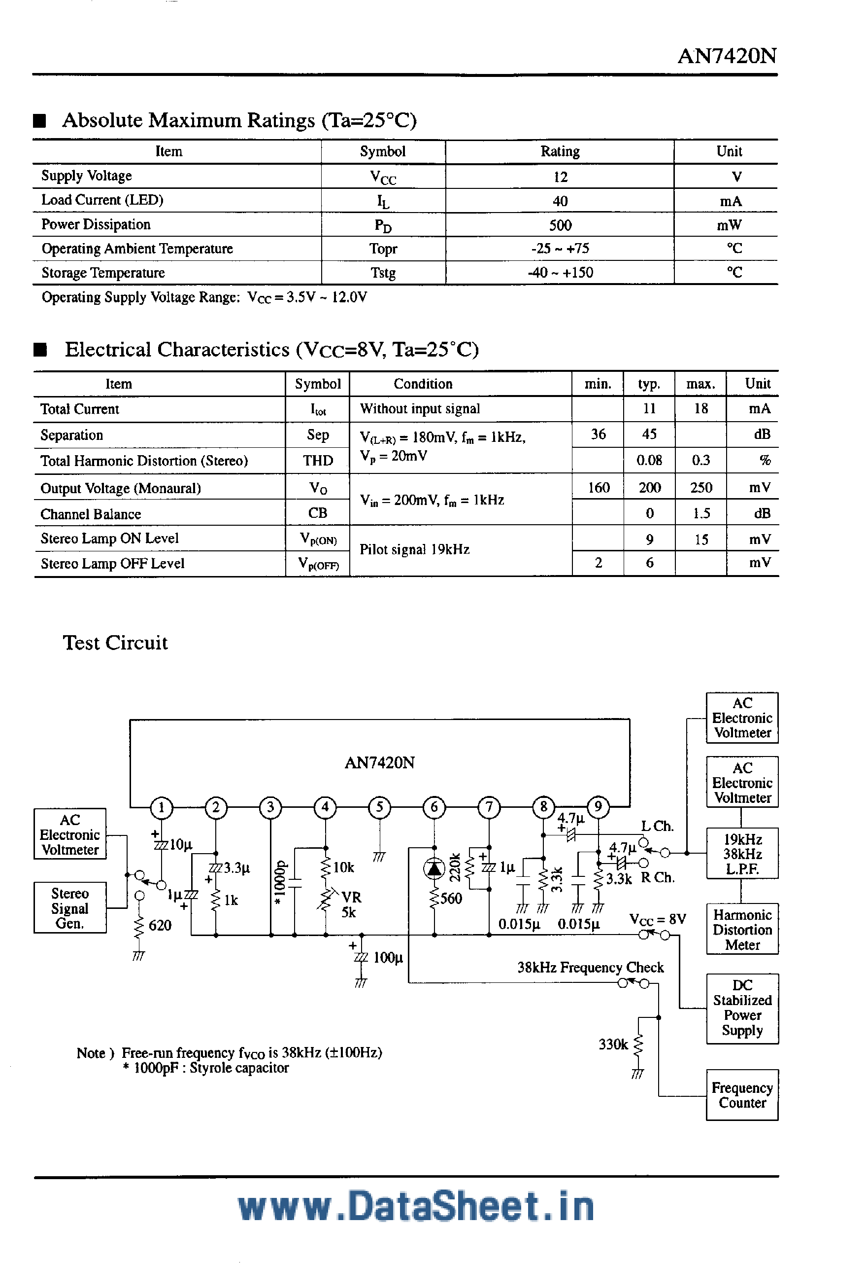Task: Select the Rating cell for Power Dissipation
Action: coord(560,225)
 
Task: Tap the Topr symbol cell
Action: coord(383,249)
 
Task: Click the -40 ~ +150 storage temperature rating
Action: coord(560,272)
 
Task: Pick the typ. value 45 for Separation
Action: coord(649,434)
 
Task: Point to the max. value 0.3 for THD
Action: coord(701,461)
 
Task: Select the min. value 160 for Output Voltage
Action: coord(598,488)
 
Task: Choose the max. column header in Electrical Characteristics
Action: coord(700,384)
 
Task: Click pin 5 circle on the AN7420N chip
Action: coord(379,807)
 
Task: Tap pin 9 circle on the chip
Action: coord(598,807)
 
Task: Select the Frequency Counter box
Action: coord(742,1095)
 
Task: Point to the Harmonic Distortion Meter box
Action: coord(742,930)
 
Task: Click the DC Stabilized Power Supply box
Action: coord(742,1008)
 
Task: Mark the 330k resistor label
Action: coord(613,1045)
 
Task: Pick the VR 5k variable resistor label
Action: coord(350,904)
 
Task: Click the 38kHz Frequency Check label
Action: coord(590,968)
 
